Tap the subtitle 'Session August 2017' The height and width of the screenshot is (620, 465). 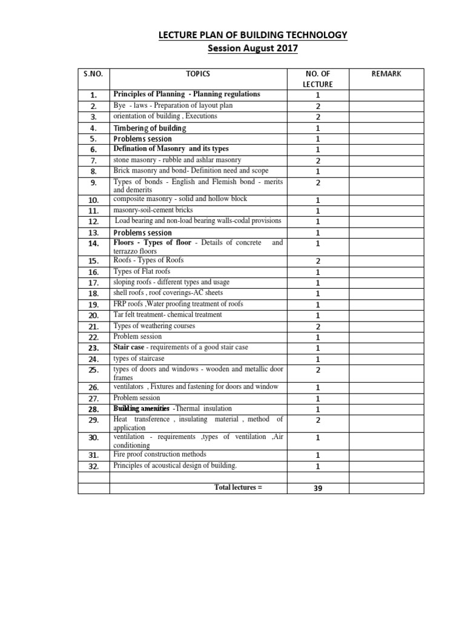click(252, 48)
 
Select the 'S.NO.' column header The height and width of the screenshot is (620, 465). click(93, 74)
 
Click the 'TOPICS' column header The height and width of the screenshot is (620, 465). click(198, 74)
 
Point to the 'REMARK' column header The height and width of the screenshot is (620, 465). click(386, 74)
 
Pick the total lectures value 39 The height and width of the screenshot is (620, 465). click(318, 488)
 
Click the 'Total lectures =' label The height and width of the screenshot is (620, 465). click(238, 487)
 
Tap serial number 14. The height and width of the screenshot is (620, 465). click(93, 243)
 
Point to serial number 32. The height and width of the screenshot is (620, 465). click(93, 466)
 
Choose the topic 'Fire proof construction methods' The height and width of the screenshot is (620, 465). click(159, 454)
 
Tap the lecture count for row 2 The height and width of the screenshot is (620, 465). click(318, 106)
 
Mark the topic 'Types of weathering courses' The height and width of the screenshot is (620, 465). click(154, 326)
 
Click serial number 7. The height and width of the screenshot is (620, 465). click(93, 160)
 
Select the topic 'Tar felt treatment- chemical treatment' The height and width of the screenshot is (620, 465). click(167, 315)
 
